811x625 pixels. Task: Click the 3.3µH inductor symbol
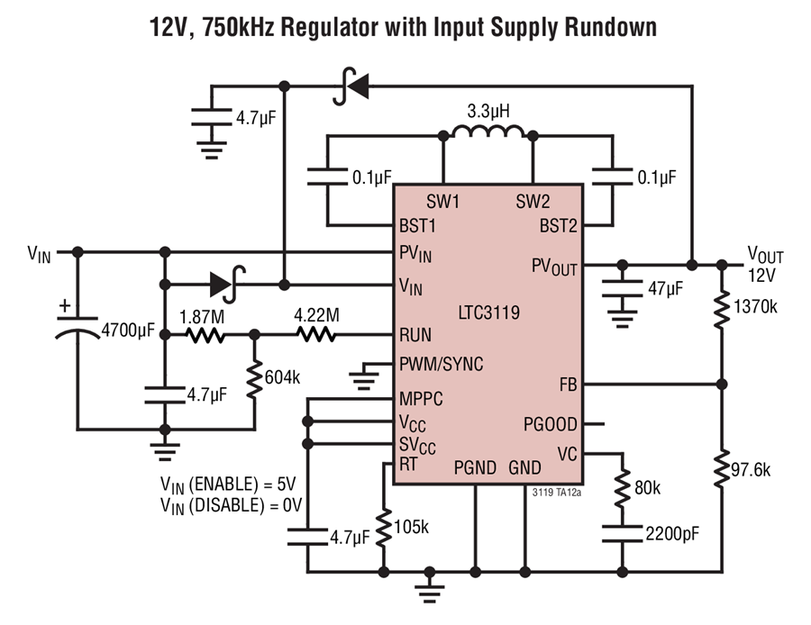pyautogui.click(x=488, y=131)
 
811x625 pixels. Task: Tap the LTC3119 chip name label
pyautogui.click(x=488, y=312)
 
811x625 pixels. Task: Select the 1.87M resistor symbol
pyautogui.click(x=205, y=335)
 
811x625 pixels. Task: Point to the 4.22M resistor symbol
pyautogui.click(x=316, y=335)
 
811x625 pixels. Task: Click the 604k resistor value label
pyautogui.click(x=282, y=377)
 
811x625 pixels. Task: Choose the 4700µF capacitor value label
pyautogui.click(x=128, y=330)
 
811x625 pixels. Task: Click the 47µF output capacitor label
pyautogui.click(x=666, y=288)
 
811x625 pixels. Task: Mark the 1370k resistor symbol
pyautogui.click(x=722, y=309)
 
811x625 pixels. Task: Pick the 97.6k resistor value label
pyautogui.click(x=751, y=469)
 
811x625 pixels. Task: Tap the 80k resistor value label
pyautogui.click(x=648, y=487)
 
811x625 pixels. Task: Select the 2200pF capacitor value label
pyautogui.click(x=672, y=533)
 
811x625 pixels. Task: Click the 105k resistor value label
pyautogui.click(x=411, y=527)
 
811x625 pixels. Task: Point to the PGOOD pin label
pyautogui.click(x=551, y=424)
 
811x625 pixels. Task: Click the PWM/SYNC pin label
pyautogui.click(x=442, y=364)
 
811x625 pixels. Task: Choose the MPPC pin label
pyautogui.click(x=421, y=399)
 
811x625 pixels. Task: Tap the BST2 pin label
pyautogui.click(x=558, y=226)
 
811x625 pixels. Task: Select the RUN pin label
pyautogui.click(x=415, y=335)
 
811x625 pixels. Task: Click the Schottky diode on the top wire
pyautogui.click(x=351, y=86)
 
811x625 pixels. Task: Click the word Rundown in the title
pyautogui.click(x=610, y=27)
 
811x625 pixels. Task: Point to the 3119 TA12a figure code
pyautogui.click(x=557, y=493)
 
